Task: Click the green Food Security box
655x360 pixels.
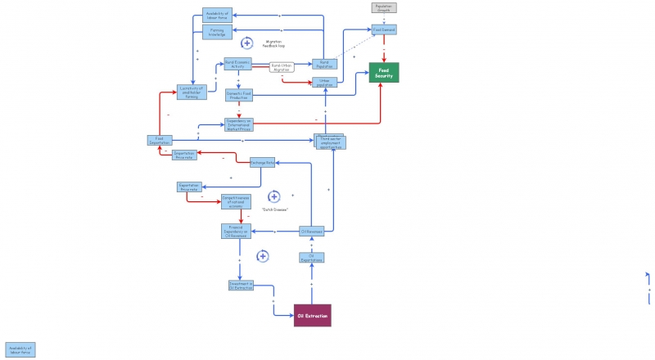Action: click(384, 72)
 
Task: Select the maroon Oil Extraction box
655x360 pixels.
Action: click(312, 315)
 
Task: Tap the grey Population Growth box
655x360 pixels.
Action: click(384, 7)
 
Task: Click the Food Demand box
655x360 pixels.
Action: click(384, 29)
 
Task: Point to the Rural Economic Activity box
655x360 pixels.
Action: click(238, 64)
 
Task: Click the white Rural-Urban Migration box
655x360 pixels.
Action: click(282, 66)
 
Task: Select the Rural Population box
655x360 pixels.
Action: click(324, 63)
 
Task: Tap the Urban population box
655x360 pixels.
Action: click(324, 82)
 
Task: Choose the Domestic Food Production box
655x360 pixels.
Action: click(239, 96)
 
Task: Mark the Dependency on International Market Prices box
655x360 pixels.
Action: click(239, 124)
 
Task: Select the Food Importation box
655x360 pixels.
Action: click(159, 141)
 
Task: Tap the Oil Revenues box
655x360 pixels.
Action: click(312, 232)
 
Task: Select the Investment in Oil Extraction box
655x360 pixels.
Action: click(241, 285)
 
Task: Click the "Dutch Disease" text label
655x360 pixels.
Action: click(274, 210)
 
